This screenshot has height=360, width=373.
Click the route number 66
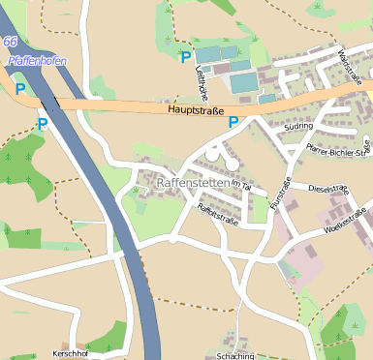[10, 43]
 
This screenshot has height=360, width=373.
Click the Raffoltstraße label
[218, 214]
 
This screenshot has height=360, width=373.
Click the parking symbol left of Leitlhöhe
[185, 58]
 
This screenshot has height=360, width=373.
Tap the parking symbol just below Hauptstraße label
[233, 122]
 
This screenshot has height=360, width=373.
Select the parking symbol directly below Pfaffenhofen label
[19, 88]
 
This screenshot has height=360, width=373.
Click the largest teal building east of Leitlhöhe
[243, 82]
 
